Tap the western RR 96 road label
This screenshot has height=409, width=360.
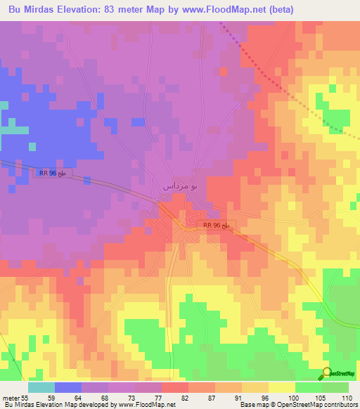click(x=53, y=171)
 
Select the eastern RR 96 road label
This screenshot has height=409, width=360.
click(x=217, y=225)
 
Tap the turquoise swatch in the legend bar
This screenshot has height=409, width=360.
click(x=41, y=387)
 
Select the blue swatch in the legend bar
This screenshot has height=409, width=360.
click(x=68, y=387)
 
